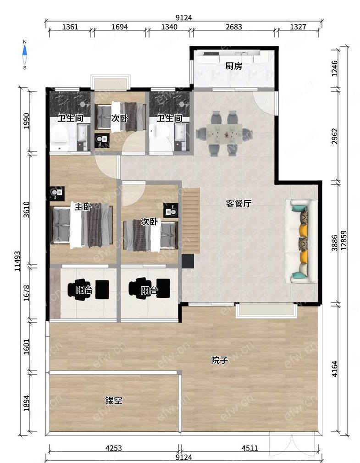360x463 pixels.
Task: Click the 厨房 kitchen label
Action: pos(234,66)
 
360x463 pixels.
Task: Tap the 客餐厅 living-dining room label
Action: pos(238,203)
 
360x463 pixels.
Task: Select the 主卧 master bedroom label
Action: pos(83,206)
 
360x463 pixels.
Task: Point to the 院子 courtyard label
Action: pos(220,360)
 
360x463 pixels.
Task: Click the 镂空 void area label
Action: pos(114,401)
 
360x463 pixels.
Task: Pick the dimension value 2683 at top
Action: pos(234,27)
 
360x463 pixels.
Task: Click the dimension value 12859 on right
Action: pos(344,240)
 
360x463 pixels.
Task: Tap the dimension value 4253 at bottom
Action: pos(114,448)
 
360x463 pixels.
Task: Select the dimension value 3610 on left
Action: pos(27,209)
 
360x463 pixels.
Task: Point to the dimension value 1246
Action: pos(334,68)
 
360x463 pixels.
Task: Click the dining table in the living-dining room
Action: pos(225,134)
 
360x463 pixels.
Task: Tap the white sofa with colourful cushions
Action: pos(301,241)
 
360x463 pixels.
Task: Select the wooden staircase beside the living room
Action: pos(191,221)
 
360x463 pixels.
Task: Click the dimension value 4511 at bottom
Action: pos(250,448)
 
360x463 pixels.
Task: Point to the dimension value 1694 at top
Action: pos(120,27)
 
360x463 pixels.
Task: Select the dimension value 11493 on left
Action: pos(17,261)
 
